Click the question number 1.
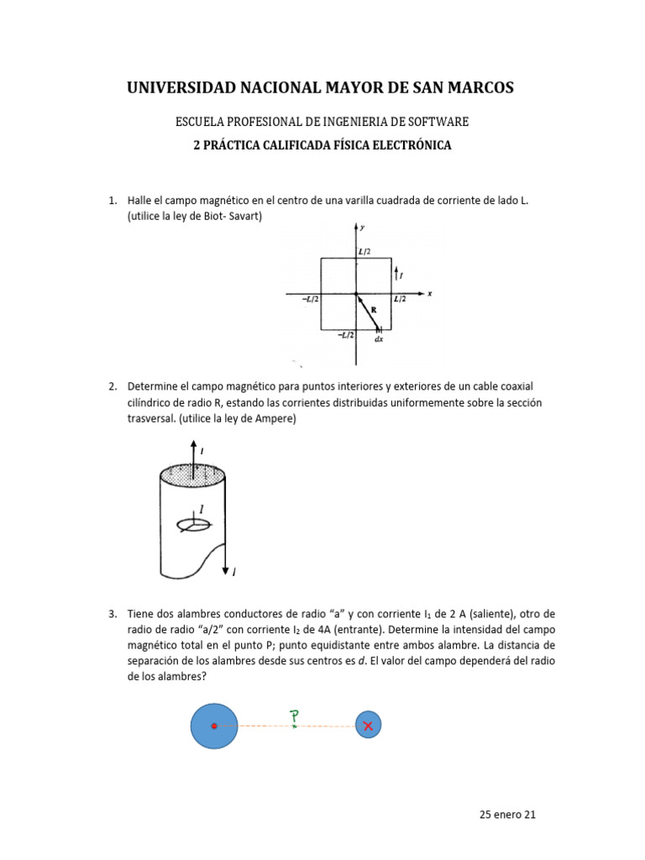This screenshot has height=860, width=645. [x=112, y=201]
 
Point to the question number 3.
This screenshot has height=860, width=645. [x=112, y=614]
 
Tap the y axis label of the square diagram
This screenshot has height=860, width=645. [x=361, y=228]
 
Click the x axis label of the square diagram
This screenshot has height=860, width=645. [x=429, y=293]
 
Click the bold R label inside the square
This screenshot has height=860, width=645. [x=372, y=310]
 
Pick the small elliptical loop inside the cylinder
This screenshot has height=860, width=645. [x=193, y=525]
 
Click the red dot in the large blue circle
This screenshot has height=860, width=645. [x=214, y=726]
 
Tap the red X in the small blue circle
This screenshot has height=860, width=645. [x=368, y=725]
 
